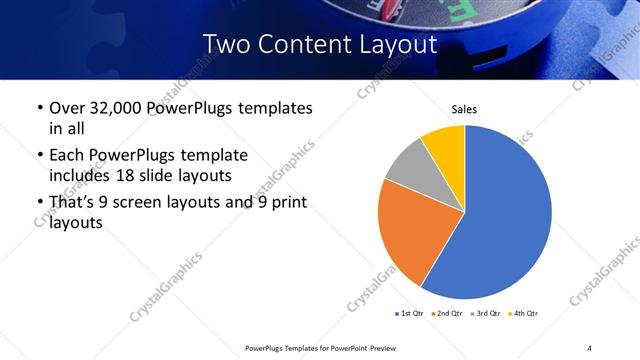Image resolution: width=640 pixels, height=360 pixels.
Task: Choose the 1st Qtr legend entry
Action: click(410, 314)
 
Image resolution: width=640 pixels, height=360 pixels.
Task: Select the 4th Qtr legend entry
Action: click(524, 314)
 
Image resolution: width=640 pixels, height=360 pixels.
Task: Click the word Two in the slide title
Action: click(225, 45)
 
